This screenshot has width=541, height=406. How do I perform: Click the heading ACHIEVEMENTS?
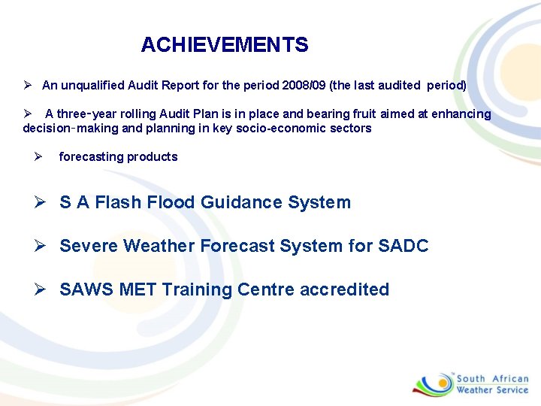click(x=224, y=45)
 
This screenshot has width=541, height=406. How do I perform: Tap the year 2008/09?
click(x=305, y=86)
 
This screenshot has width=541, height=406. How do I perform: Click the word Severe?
click(x=89, y=246)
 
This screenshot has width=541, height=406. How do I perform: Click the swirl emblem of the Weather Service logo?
click(x=433, y=383)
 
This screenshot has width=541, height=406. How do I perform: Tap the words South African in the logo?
click(x=493, y=379)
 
